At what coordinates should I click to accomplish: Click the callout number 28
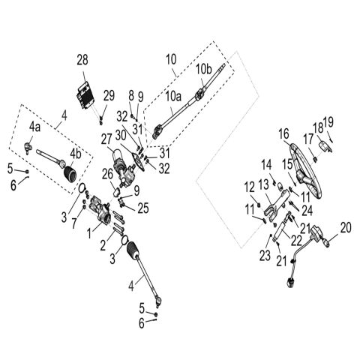click(x=82, y=60)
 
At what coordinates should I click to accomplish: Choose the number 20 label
click(x=345, y=226)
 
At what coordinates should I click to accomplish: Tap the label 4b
click(x=76, y=154)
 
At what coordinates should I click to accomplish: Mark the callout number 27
click(x=106, y=138)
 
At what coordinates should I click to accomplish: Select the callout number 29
click(x=109, y=94)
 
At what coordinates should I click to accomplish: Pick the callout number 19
click(x=328, y=121)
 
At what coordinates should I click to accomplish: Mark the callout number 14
click(x=266, y=163)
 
